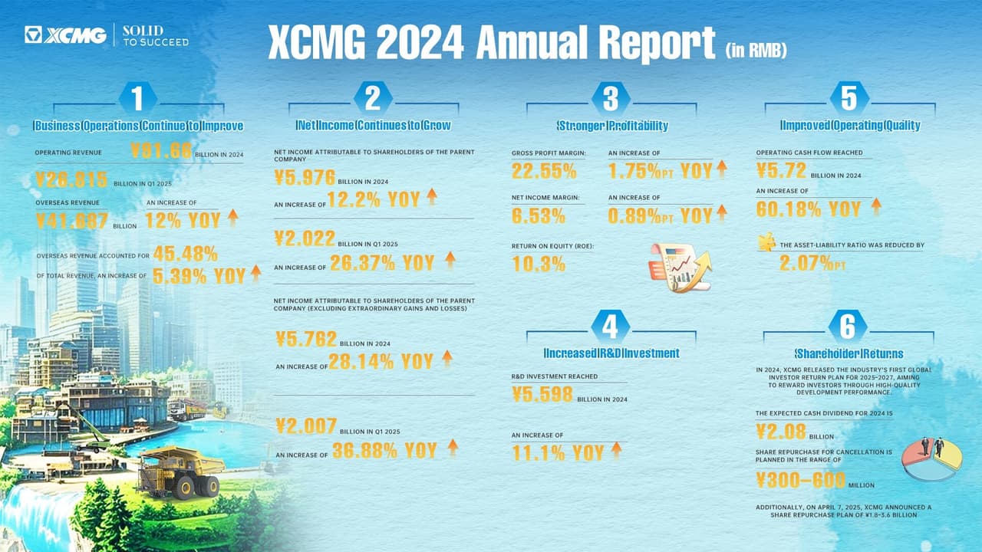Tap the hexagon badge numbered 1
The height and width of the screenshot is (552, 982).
138,98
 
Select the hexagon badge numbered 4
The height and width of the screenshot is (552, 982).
611,327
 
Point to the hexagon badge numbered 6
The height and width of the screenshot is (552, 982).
848,327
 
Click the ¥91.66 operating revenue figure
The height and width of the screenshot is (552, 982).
160,151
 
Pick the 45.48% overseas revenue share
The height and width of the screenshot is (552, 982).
185,254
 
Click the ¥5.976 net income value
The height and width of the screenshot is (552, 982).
305,178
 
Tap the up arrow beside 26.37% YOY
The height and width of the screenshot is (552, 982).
450,261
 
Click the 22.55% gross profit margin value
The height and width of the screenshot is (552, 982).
544,170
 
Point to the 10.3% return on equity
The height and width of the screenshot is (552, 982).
539,264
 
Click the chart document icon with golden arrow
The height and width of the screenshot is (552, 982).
679,268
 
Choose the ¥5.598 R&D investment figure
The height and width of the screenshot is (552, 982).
542,394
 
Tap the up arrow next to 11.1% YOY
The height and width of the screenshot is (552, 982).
616,451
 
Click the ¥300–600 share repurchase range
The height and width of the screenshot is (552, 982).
800,480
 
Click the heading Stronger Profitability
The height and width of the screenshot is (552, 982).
611,126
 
